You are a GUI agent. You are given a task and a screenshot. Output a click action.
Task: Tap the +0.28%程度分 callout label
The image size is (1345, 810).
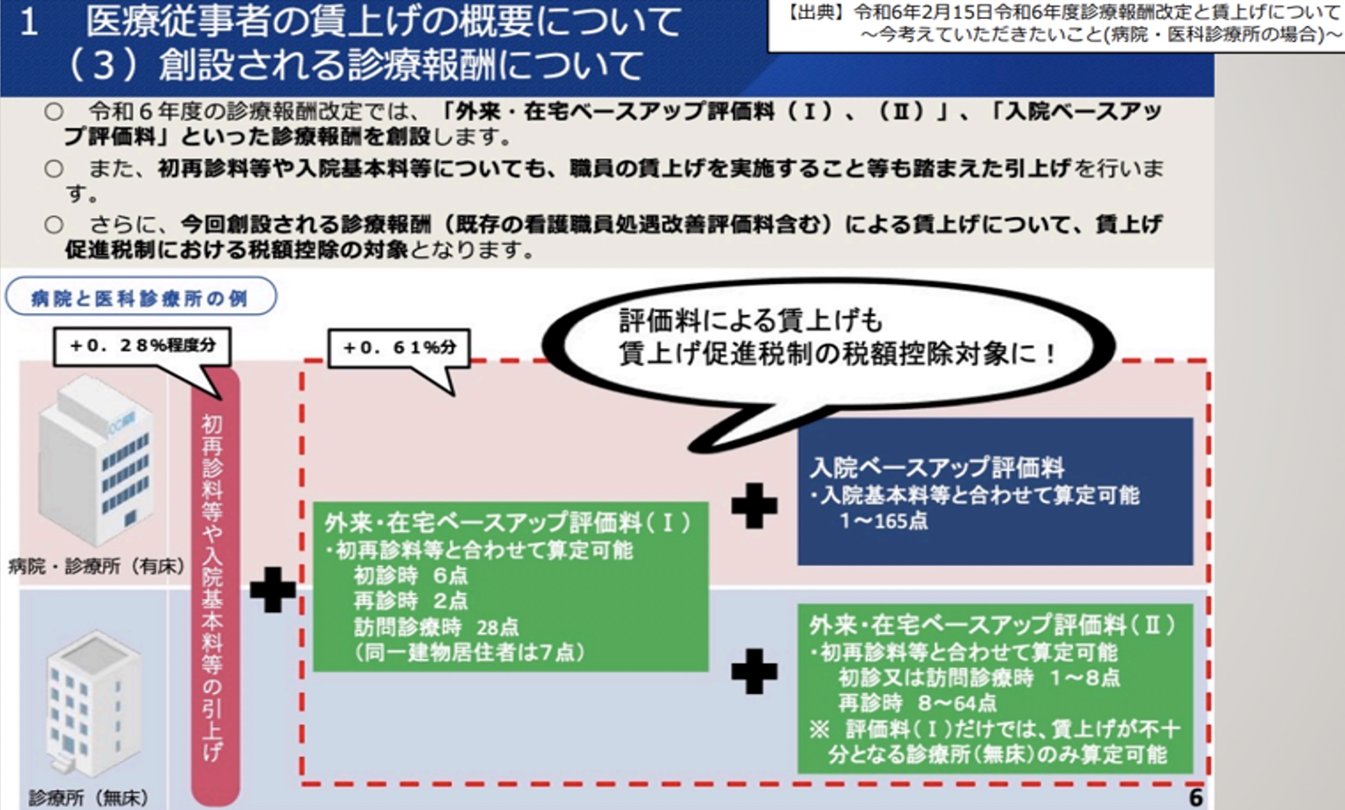pyautogui.click(x=143, y=346)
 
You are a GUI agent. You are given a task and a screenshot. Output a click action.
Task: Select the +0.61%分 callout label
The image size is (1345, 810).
pyautogui.click(x=399, y=348)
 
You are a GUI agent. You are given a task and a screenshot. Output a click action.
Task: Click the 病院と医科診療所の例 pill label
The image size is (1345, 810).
pyautogui.click(x=141, y=297)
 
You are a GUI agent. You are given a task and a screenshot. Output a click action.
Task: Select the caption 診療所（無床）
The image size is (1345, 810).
pyautogui.click(x=88, y=798)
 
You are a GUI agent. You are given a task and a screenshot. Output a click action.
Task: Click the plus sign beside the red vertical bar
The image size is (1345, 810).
pyautogui.click(x=273, y=589)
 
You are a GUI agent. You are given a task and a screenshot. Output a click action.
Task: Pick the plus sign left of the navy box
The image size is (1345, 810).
pyautogui.click(x=754, y=505)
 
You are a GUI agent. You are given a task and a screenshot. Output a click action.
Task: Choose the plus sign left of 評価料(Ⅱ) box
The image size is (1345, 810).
pyautogui.click(x=754, y=672)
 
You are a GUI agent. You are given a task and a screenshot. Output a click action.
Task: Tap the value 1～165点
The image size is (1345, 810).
pyautogui.click(x=884, y=521)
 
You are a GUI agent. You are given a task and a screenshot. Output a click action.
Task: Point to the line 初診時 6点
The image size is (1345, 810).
pyautogui.click(x=410, y=575)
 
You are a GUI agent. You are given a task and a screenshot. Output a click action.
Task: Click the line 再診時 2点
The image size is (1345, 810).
pyautogui.click(x=410, y=601)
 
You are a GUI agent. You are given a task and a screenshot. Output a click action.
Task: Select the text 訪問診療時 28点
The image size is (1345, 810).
pyautogui.click(x=436, y=627)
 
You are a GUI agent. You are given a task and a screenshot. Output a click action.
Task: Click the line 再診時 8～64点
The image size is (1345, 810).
pyautogui.click(x=917, y=703)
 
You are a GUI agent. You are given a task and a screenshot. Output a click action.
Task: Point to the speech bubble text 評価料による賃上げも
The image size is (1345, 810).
pyautogui.click(x=750, y=321)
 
